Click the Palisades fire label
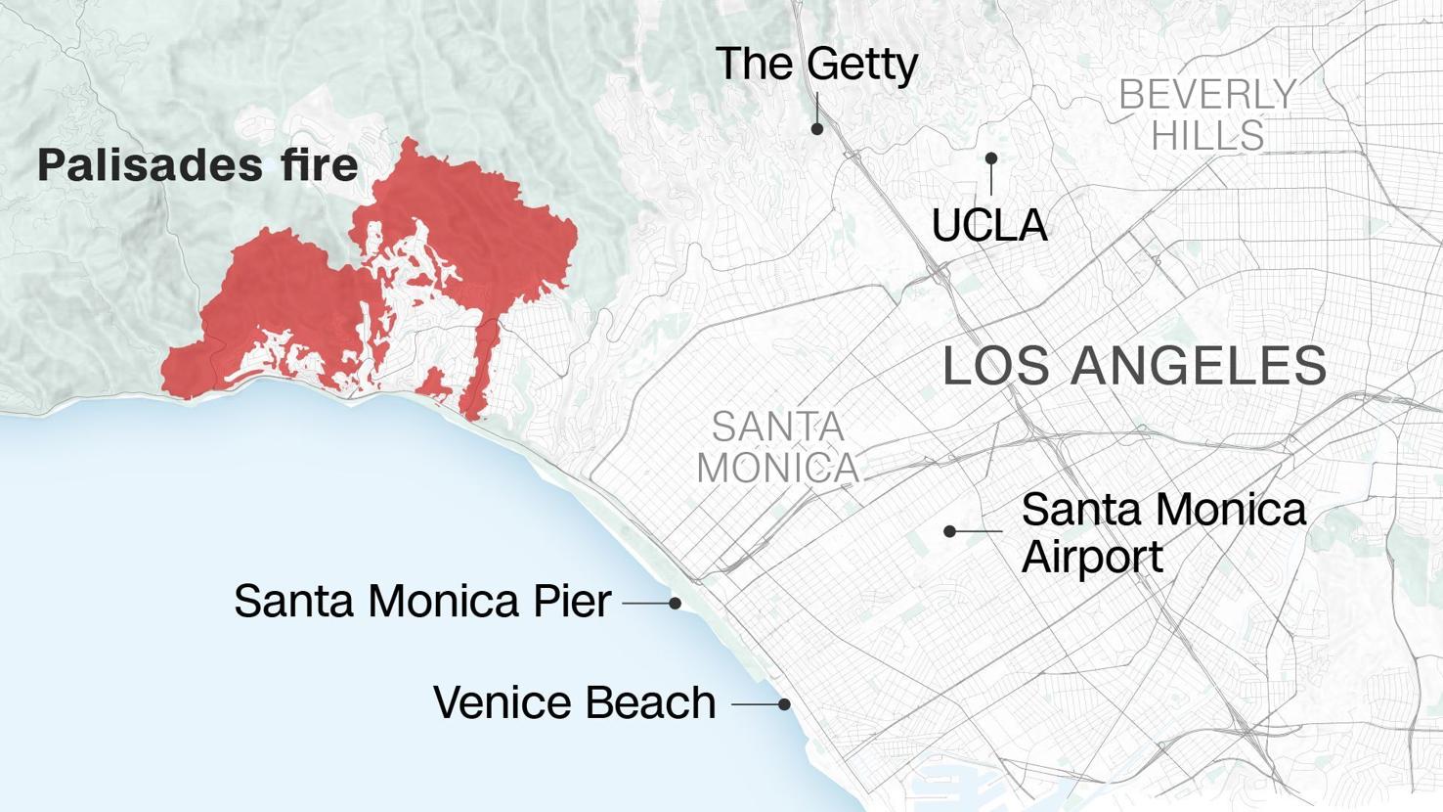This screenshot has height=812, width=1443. [x=197, y=165]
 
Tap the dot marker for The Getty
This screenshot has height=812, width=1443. [x=817, y=128]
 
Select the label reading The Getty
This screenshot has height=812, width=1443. [x=816, y=65]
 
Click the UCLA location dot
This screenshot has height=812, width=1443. [x=991, y=158]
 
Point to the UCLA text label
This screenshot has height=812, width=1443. [x=989, y=226]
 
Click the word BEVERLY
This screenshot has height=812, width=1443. [x=1207, y=96]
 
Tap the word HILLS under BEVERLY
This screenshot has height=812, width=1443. [x=1207, y=135]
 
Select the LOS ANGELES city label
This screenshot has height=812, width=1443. [x=1134, y=366]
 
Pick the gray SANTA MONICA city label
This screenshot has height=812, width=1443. [x=778, y=447]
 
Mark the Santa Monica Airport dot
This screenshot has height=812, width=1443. [x=949, y=531]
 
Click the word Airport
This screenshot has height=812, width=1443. [x=1092, y=557]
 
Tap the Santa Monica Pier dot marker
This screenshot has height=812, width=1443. [x=675, y=604]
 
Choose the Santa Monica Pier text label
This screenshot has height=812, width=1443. [x=422, y=601]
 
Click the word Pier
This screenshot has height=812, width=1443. [x=573, y=601]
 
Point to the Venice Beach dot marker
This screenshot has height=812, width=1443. [x=784, y=704]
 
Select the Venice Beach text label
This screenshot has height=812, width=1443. [x=574, y=702]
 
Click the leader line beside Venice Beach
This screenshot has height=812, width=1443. [x=755, y=704]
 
